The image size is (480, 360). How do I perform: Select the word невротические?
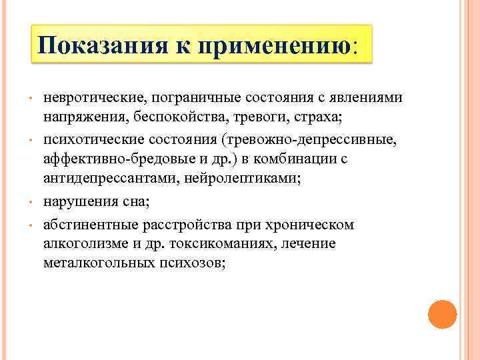(93, 97)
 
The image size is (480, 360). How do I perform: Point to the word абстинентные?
(86, 225)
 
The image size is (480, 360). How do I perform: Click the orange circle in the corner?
(442, 314)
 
